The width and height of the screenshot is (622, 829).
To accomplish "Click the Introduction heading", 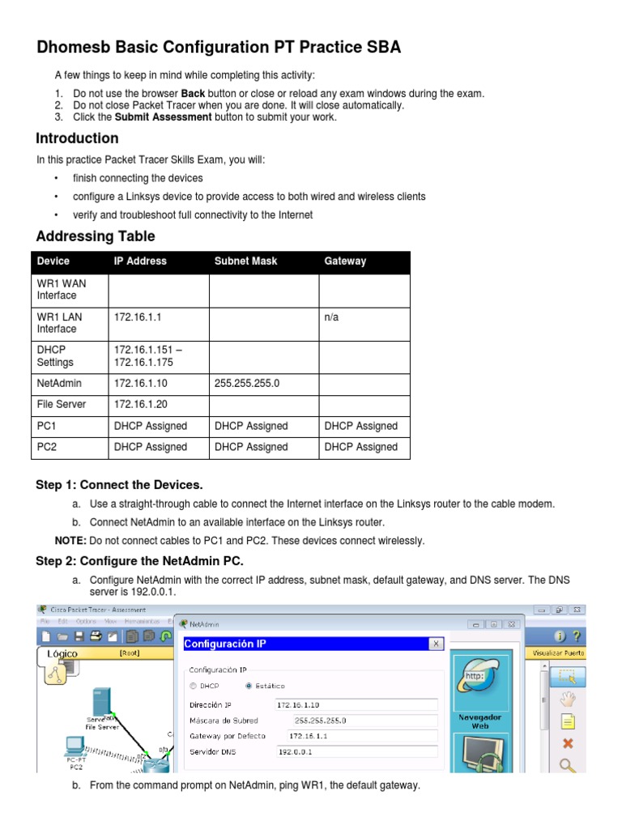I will point(78,138).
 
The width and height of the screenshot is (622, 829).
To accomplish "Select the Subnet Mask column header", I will point(245,261).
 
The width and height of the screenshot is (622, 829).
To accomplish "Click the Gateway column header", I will point(345,261).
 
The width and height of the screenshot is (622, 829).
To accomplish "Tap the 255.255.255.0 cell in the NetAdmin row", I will point(247,383).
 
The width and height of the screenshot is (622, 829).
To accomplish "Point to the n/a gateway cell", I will point(331,317).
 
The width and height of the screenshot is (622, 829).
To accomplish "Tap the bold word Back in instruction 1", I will point(193,93).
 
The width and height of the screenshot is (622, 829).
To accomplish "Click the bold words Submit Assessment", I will point(164,117).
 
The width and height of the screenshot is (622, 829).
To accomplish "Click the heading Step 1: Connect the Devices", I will point(119,485).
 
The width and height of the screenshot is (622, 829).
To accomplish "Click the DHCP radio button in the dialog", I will point(194,686).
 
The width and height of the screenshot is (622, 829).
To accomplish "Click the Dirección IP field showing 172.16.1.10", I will point(356,704).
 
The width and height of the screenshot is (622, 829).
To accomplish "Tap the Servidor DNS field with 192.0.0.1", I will point(356,751).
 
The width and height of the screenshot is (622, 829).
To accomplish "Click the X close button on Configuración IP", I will point(435,644).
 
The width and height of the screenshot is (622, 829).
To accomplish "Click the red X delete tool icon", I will point(568,743).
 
